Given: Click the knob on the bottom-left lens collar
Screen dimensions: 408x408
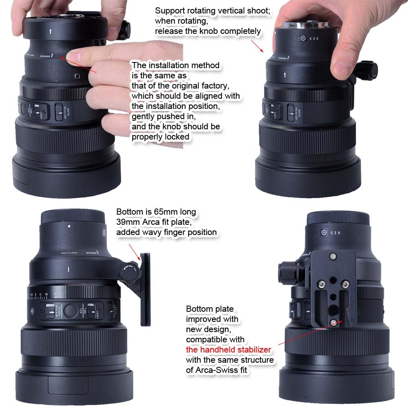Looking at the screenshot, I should pyautogui.click(x=130, y=270).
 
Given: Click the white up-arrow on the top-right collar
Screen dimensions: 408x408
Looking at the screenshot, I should pyautogui.click(x=286, y=75).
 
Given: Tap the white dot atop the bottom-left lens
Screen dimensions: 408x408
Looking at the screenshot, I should pyautogui.click(x=69, y=226).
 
